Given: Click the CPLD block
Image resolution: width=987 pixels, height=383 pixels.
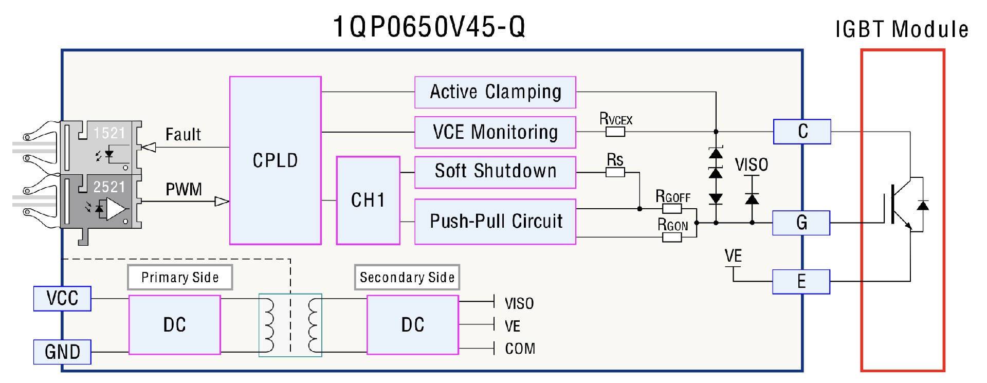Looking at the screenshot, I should pyautogui.click(x=275, y=160).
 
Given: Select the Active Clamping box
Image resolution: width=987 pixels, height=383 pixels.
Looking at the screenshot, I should pyautogui.click(x=495, y=93).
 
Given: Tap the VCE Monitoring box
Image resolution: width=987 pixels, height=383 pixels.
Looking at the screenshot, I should pyautogui.click(x=495, y=132).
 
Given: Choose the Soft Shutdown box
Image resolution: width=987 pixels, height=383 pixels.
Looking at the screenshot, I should pyautogui.click(x=495, y=172).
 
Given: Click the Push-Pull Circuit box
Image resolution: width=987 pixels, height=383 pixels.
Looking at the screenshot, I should pyautogui.click(x=495, y=222).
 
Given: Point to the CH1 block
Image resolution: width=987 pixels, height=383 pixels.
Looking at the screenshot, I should pyautogui.click(x=368, y=200).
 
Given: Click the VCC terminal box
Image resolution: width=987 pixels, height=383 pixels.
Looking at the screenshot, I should pyautogui.click(x=62, y=299).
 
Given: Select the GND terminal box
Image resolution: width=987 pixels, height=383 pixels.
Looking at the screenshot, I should pyautogui.click(x=62, y=352).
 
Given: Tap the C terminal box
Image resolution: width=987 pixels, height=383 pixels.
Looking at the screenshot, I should pyautogui.click(x=802, y=132).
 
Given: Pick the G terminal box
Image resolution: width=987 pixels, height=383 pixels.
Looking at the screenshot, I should pyautogui.click(x=801, y=223).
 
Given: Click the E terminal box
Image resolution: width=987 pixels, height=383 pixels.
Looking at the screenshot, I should pyautogui.click(x=801, y=282).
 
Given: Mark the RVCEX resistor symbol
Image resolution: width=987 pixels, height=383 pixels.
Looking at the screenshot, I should pyautogui.click(x=615, y=132).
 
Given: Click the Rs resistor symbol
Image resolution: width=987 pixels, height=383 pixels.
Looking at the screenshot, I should pyautogui.click(x=615, y=172).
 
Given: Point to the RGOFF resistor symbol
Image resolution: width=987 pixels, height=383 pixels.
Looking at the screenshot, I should pyautogui.click(x=672, y=209).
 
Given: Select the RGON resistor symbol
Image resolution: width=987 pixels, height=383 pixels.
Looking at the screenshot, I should pyautogui.click(x=672, y=237).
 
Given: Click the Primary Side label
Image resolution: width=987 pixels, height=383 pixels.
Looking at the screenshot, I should pyautogui.click(x=180, y=278).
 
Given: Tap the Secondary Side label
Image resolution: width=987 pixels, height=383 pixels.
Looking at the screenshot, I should pyautogui.click(x=407, y=278).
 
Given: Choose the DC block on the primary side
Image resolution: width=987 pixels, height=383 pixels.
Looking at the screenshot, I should pyautogui.click(x=174, y=325).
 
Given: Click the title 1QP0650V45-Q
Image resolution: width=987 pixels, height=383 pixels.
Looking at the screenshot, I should pyautogui.click(x=429, y=27).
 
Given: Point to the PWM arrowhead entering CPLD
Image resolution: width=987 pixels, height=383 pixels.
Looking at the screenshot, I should pyautogui.click(x=222, y=202).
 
